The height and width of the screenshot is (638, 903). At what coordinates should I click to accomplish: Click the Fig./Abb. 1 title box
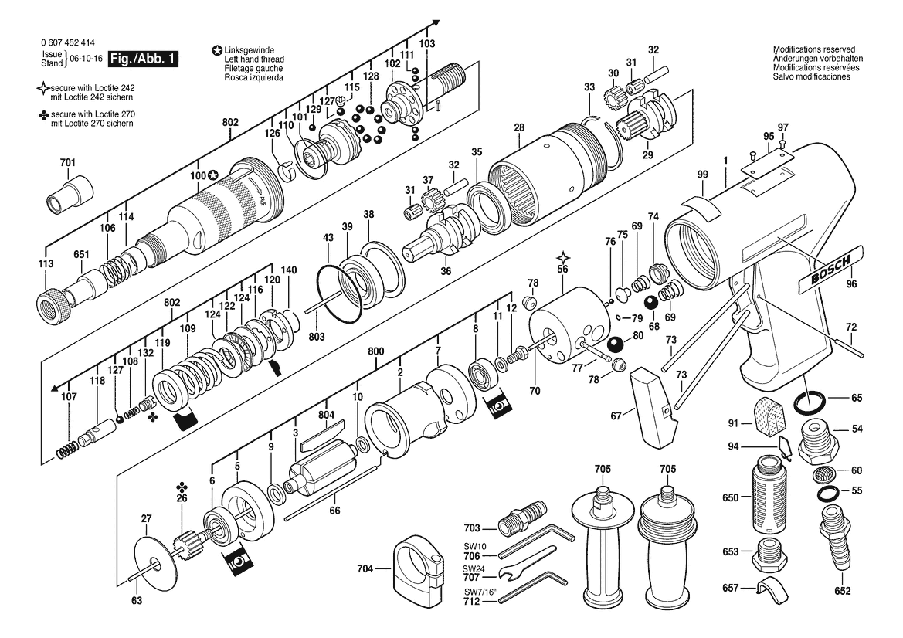[143, 59]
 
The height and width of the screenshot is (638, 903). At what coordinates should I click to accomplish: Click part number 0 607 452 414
[69, 42]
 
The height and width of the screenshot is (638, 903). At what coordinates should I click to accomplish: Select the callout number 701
[67, 163]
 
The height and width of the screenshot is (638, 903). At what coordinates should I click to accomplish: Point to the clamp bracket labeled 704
[419, 568]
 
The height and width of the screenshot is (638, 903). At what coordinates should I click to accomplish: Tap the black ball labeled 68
[653, 303]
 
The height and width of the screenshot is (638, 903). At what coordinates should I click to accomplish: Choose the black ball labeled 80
[616, 344]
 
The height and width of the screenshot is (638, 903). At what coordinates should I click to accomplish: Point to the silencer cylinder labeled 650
[769, 494]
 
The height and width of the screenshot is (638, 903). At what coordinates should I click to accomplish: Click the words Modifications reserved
[813, 49]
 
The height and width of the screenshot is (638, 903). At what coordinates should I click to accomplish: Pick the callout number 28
[519, 127]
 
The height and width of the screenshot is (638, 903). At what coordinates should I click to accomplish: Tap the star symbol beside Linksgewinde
[216, 50]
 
